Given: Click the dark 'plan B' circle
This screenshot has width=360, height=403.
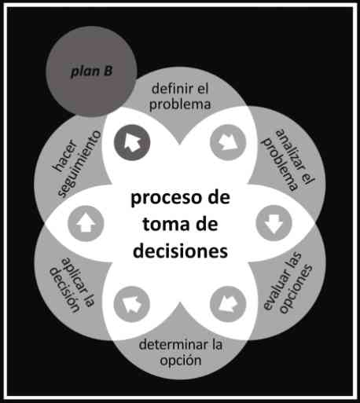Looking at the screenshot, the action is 91,71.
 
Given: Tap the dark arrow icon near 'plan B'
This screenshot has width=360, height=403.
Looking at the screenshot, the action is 132,142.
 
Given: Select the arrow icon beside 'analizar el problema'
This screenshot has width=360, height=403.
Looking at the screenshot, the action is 228,142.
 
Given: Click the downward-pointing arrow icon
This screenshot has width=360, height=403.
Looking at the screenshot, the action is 274,223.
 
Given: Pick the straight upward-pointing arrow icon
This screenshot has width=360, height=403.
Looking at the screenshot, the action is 86,223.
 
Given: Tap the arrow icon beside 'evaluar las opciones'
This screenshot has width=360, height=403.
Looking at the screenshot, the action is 228,304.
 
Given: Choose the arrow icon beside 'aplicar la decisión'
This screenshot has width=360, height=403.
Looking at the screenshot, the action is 132,304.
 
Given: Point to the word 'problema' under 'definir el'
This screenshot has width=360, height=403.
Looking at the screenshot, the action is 180,104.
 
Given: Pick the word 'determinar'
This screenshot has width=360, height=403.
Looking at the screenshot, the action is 173,344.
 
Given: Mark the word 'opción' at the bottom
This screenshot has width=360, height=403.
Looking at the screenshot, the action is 181,361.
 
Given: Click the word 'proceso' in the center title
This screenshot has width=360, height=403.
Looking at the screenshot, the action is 166,198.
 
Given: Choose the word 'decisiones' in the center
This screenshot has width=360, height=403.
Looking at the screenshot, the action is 180,251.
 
